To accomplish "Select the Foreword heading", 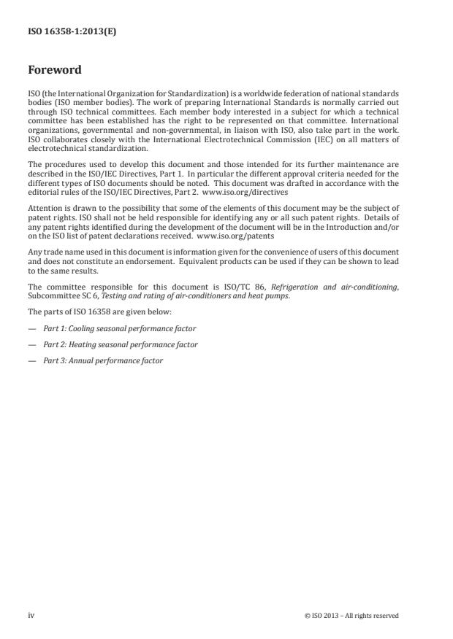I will tap(54, 70).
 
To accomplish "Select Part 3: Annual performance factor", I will tap(103, 360).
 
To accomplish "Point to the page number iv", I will tap(31, 615).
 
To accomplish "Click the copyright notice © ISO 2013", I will tap(351, 616).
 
